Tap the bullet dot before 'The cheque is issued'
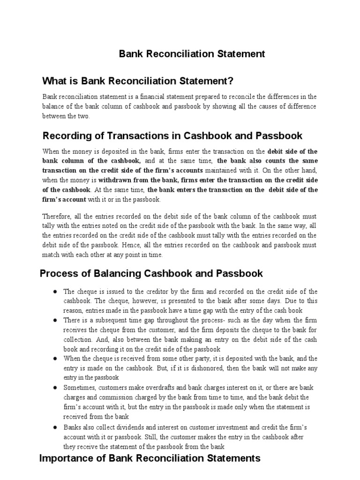tap(55, 292)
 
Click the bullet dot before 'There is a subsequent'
tap(55, 320)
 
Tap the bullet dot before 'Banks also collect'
tap(55, 427)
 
